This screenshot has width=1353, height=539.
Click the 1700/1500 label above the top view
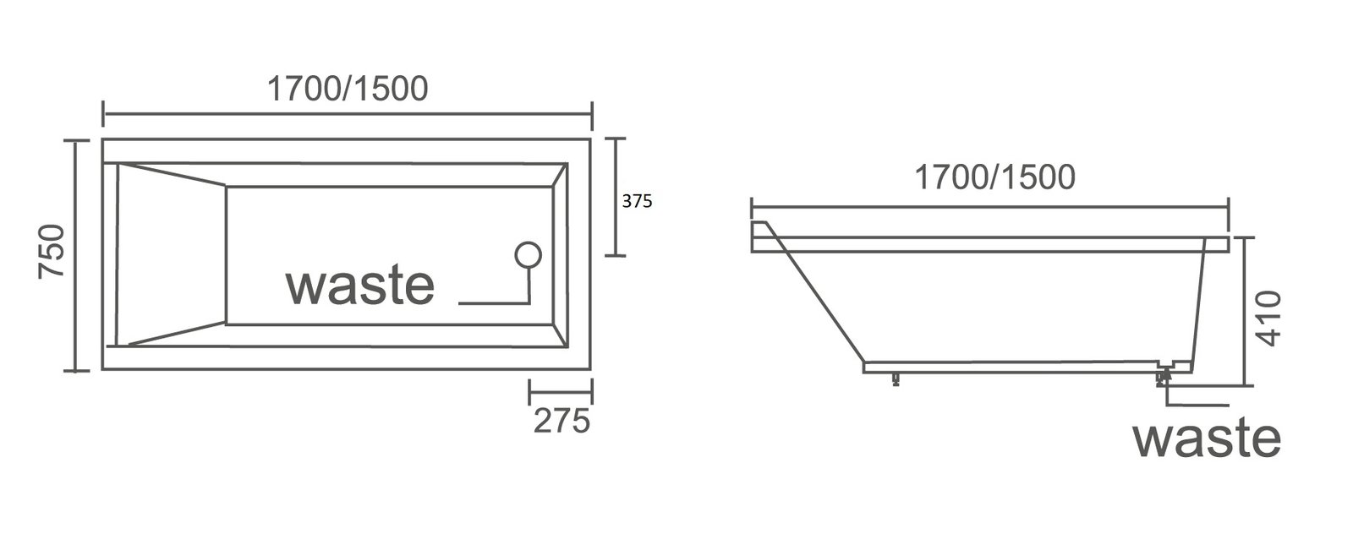coord(347,88)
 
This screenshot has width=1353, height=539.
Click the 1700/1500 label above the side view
coord(994,177)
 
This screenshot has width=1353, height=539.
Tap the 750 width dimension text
coord(50,252)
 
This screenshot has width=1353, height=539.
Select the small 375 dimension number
coord(638,202)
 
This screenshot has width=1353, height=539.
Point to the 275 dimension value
coord(561,420)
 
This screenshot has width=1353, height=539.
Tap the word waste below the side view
coord(1206,438)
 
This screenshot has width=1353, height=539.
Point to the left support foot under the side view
coord(894,377)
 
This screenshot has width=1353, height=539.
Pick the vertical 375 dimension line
coord(616,196)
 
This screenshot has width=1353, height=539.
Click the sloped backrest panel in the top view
coord(170,254)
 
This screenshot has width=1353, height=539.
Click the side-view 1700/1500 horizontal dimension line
coord(989,205)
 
